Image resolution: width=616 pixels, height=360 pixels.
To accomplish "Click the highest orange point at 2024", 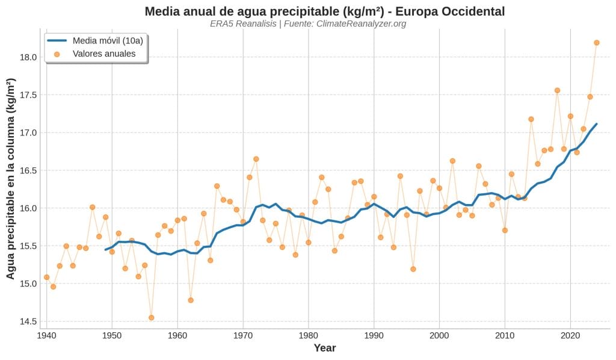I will click(x=597, y=43).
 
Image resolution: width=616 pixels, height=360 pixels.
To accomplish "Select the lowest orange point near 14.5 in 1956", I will click(x=152, y=317).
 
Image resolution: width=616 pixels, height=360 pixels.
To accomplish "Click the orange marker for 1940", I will click(x=46, y=277).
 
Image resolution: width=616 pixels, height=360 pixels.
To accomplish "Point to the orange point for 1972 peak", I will click(x=256, y=159).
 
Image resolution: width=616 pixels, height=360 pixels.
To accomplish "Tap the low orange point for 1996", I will click(x=413, y=269).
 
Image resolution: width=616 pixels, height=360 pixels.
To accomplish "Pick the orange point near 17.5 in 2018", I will click(x=557, y=90).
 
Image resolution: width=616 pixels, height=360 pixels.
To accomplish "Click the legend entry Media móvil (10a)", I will click(x=107, y=41).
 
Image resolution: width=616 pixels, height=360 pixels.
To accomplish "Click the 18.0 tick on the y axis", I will click(x=28, y=57).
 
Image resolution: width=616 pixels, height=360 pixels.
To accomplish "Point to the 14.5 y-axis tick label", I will click(x=28, y=321).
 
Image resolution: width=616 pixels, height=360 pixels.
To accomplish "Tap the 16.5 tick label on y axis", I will click(x=28, y=170).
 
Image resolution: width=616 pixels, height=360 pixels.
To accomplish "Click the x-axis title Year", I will click(x=325, y=348).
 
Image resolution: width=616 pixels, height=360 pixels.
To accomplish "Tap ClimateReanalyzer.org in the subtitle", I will click(x=361, y=23).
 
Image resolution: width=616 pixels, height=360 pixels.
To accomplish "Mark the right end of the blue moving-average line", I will click(x=597, y=124).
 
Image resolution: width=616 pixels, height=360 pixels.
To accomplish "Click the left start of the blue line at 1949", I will click(x=105, y=249).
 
